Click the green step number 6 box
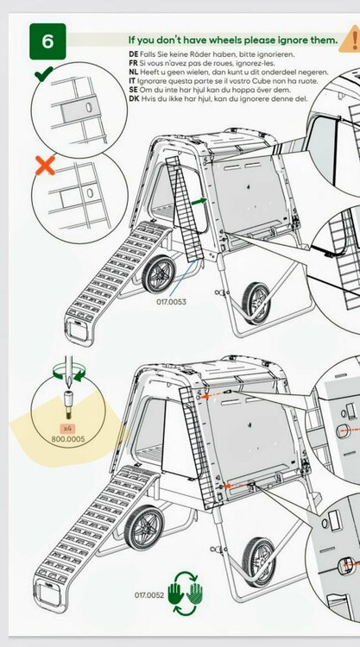coord(47,41)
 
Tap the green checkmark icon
coord(44,73)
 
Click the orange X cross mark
coord(45,166)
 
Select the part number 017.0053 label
coord(171,302)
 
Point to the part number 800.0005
coord(68,439)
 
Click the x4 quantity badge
coord(67,428)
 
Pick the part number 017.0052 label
coord(149,595)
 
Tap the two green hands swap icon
coord(186,594)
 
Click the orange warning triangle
coord(351,40)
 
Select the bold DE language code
coord(133,54)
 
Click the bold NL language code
coord(134,72)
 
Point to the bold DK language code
coord(134,99)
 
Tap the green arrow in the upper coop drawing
coord(199,201)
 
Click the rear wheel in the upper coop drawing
coord(158,273)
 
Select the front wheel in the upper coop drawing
coord(256,303)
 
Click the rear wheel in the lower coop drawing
coord(143,527)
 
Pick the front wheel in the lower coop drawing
coord(259,562)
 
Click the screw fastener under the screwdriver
coord(68,405)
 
